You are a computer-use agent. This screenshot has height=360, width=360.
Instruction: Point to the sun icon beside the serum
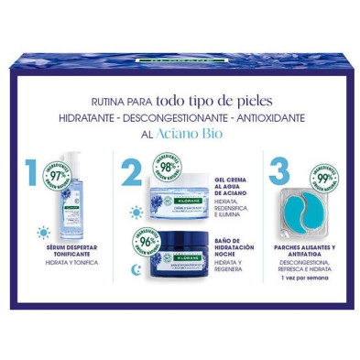pos(43,232)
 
